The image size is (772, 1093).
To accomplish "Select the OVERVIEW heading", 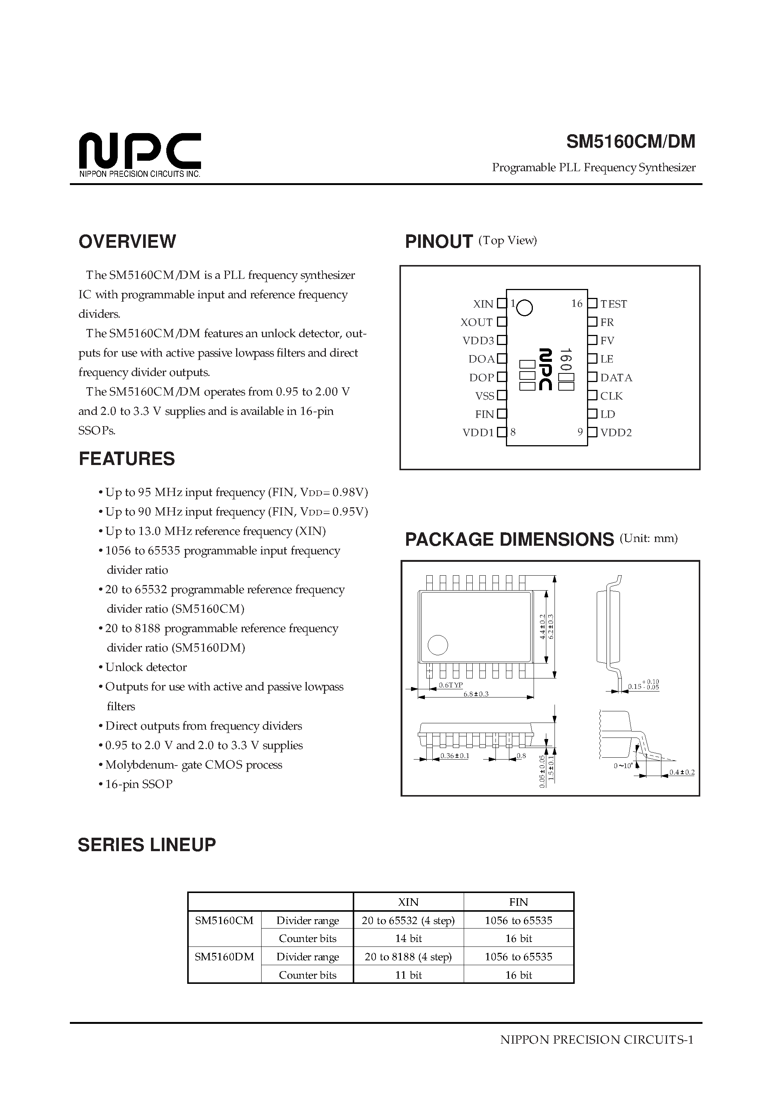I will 127,241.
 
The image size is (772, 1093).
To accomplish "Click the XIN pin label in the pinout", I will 483,304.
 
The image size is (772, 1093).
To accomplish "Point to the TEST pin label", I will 614,304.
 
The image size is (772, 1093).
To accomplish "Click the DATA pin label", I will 616,378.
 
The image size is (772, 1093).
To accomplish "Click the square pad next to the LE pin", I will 592,358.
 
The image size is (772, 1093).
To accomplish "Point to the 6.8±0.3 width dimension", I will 476,694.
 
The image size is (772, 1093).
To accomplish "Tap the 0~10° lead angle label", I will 623,766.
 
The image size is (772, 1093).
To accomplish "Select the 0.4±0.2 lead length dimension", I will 682,772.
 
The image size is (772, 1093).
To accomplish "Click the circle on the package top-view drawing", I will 438,646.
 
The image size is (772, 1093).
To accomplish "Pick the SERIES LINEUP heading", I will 146,845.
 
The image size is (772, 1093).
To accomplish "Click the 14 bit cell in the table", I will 408,938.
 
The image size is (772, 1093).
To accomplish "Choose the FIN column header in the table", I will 518,902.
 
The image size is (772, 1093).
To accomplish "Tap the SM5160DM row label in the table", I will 224,956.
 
